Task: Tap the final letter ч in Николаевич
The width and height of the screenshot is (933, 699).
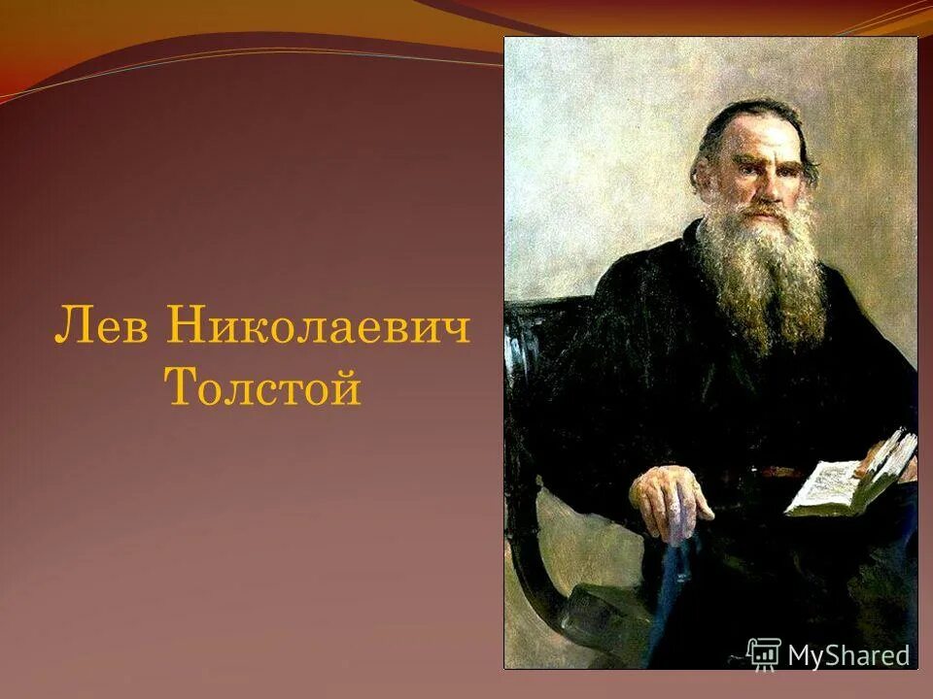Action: click(x=456, y=329)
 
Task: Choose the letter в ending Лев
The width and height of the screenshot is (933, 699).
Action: click(x=133, y=329)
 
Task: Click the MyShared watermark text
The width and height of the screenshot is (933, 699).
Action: click(x=848, y=655)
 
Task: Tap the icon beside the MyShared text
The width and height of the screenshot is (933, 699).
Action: click(x=764, y=654)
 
